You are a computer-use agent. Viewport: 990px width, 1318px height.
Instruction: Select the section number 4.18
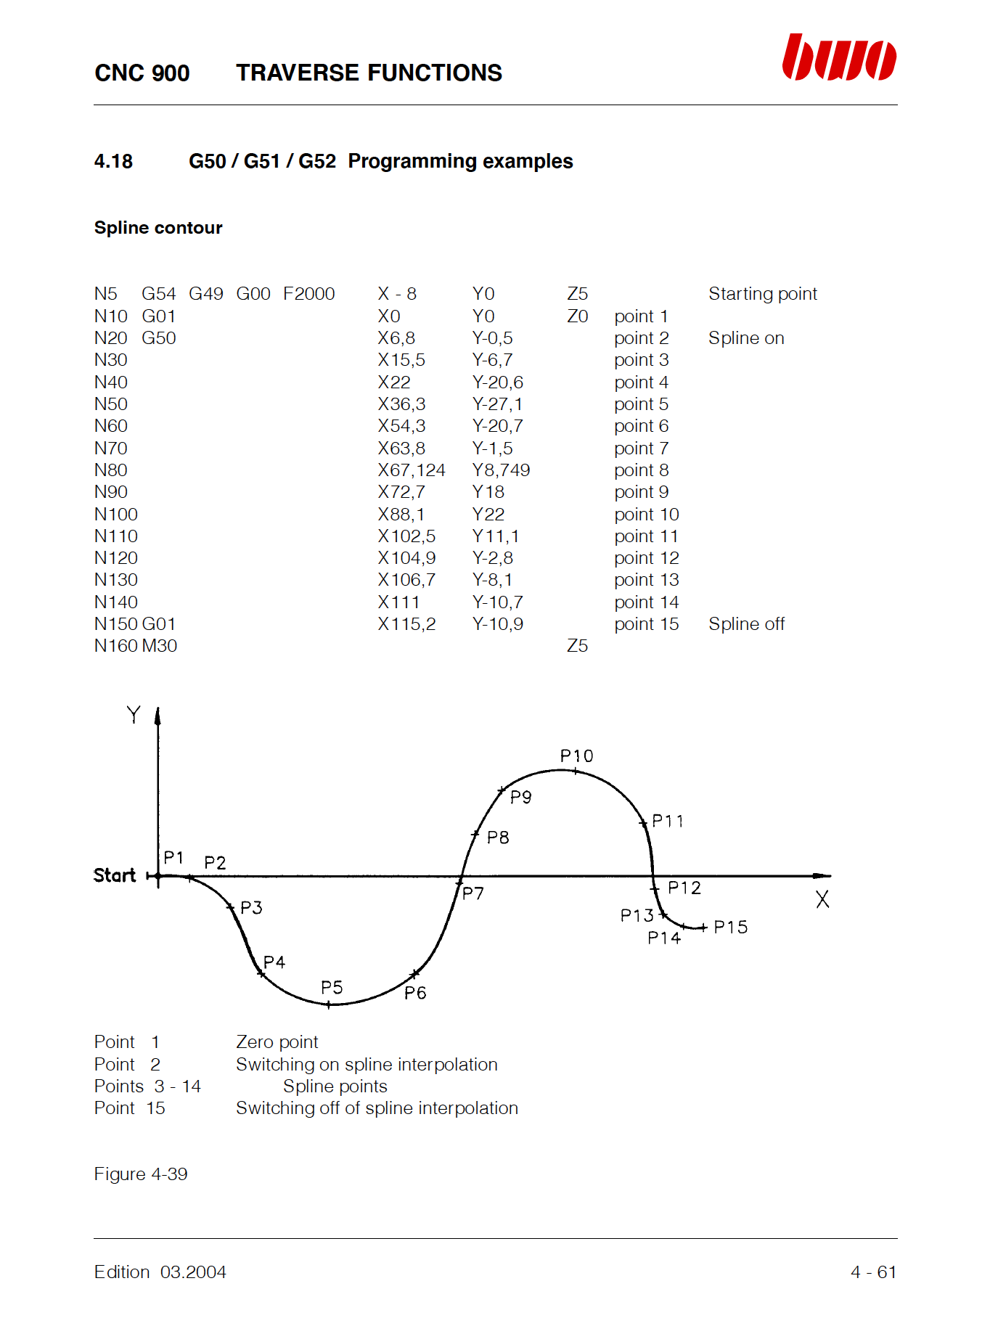point(113,161)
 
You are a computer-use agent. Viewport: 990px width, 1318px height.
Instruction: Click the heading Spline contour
point(158,228)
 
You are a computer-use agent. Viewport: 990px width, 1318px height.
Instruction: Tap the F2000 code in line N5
point(308,294)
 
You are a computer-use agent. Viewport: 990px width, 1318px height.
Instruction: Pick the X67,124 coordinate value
point(411,470)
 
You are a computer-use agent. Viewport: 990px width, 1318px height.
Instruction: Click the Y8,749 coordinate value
point(501,470)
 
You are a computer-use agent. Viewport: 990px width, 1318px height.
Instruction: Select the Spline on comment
point(746,338)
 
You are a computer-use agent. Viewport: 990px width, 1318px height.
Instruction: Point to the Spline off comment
point(746,624)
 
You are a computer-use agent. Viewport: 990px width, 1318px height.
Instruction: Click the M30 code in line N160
point(160,646)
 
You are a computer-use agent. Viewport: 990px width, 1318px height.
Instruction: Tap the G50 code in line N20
point(159,338)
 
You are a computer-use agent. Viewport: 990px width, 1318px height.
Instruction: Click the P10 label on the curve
point(576,756)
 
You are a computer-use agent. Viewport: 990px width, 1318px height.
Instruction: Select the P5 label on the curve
point(332,988)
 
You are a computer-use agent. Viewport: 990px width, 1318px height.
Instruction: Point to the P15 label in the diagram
point(730,928)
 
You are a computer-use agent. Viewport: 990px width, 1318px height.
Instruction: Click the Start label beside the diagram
point(115,875)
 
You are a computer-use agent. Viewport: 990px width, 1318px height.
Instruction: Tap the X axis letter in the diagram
point(822,900)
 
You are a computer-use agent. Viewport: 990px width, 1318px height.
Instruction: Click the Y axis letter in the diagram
point(134,715)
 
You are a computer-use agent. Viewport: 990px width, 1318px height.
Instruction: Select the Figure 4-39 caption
point(141,1174)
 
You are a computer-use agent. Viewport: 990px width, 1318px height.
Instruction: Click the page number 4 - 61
point(873,1272)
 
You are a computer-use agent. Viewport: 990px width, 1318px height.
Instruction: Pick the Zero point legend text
point(277,1042)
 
